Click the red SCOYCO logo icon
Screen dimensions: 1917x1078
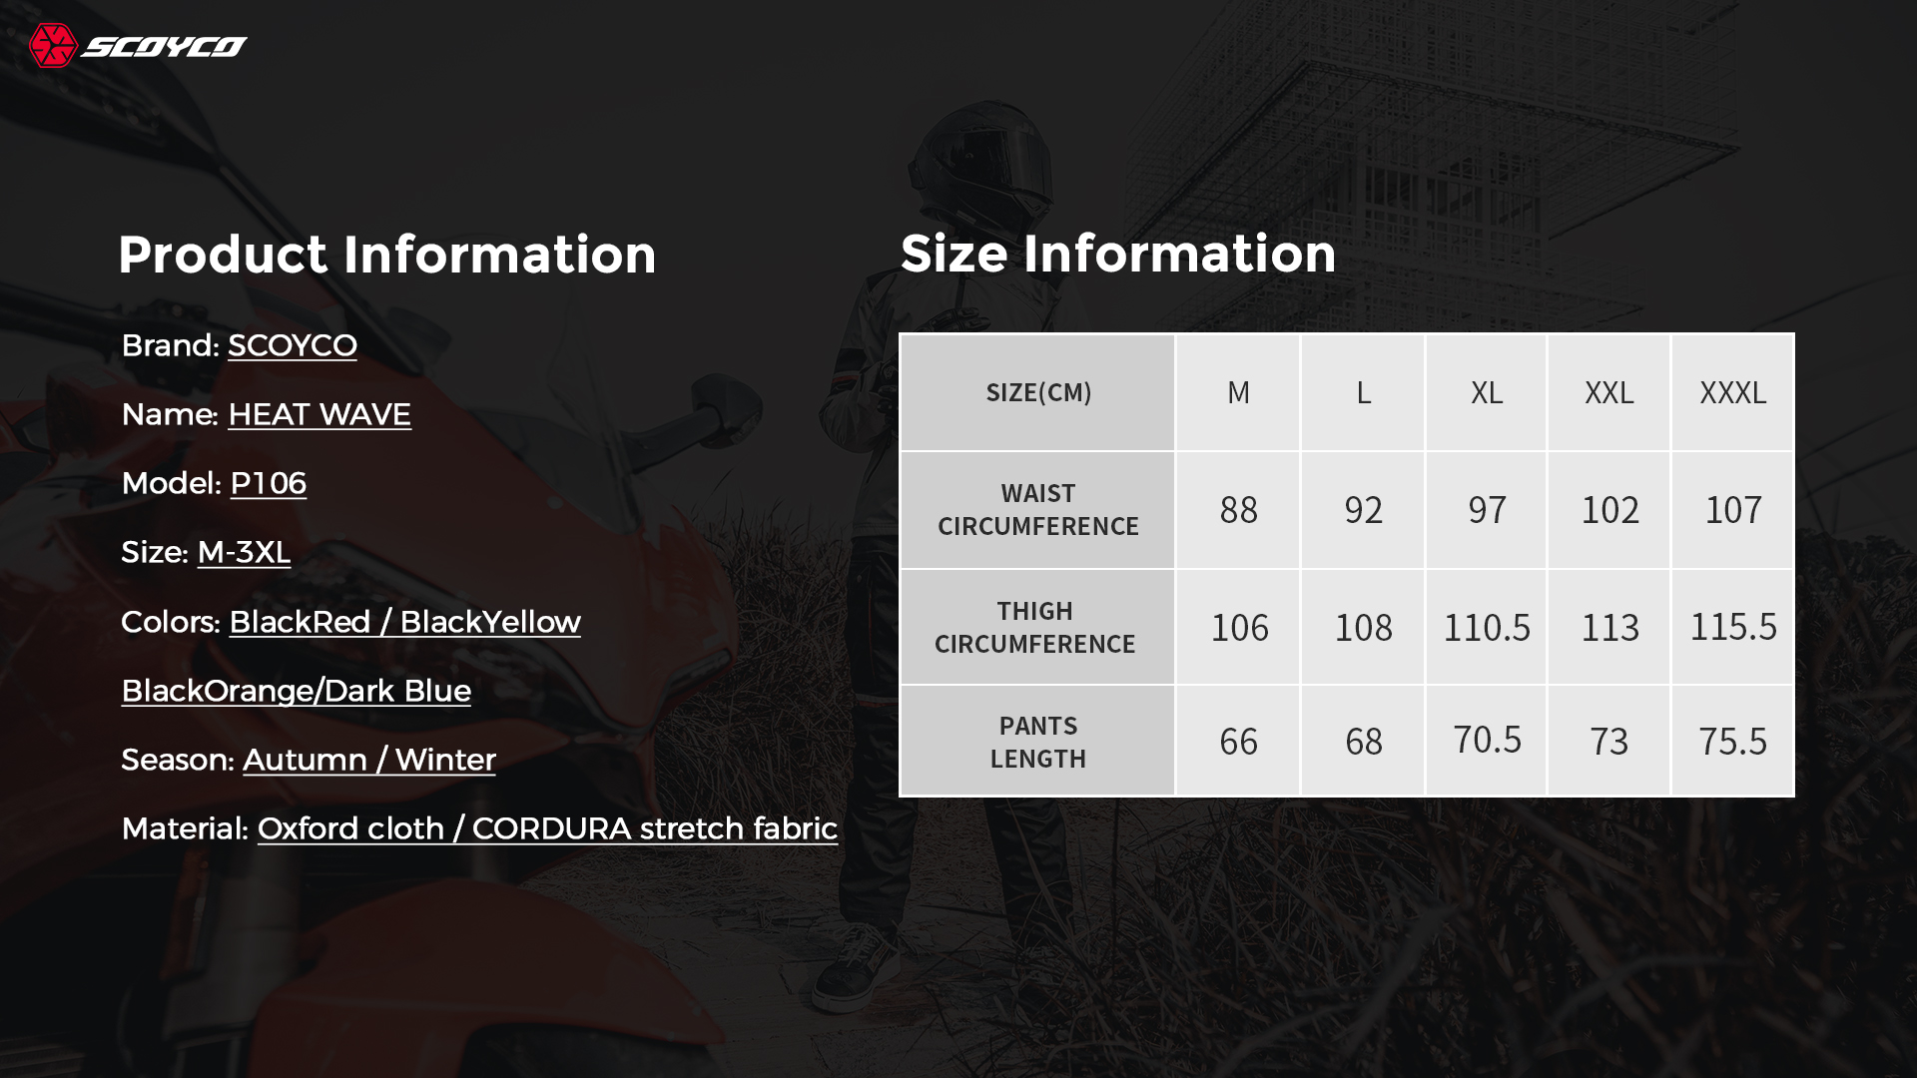53,46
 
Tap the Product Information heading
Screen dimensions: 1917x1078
387,255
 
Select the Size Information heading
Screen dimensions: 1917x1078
1118,254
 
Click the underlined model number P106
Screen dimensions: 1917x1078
269,484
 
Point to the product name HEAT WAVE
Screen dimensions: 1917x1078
319,415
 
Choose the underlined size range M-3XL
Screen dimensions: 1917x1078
244,553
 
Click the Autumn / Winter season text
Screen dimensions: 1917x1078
369,761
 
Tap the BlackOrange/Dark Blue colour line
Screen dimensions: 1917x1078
297,691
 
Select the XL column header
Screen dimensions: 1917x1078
1487,392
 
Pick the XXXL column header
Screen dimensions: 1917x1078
1733,392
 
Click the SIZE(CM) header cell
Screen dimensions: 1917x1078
1038,392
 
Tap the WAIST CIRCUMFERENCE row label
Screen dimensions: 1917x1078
1038,510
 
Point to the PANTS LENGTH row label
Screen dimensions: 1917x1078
1038,742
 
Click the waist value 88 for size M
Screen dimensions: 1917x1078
1239,510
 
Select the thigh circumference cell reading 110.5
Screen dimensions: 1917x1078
1487,628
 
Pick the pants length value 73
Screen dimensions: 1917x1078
1609,742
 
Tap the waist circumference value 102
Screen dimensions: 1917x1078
1609,510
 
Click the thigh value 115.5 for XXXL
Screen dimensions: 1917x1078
1733,627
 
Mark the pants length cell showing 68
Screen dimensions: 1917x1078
1364,742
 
